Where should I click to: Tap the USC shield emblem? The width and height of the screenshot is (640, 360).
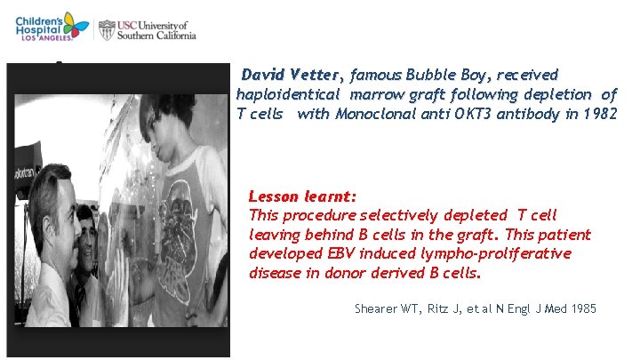pyautogui.click(x=107, y=29)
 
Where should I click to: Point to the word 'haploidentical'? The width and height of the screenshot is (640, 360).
pyautogui.click(x=288, y=93)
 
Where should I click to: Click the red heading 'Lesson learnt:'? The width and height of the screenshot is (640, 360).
pyautogui.click(x=302, y=196)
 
